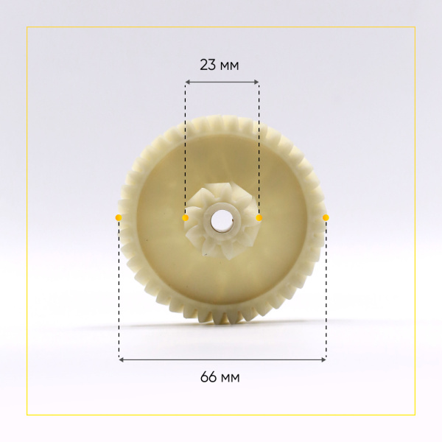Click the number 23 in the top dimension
pyautogui.click(x=208, y=65)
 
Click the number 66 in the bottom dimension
pyautogui.click(x=208, y=377)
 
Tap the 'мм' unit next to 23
pyautogui.click(x=229, y=66)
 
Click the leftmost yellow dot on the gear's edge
pyautogui.click(x=119, y=217)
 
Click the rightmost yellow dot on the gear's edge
pyautogui.click(x=326, y=217)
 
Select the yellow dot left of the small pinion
pyautogui.click(x=185, y=217)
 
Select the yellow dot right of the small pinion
pyautogui.click(x=259, y=217)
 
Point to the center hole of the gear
pyautogui.click(x=221, y=220)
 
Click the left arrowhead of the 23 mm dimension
pyautogui.click(x=187, y=82)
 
